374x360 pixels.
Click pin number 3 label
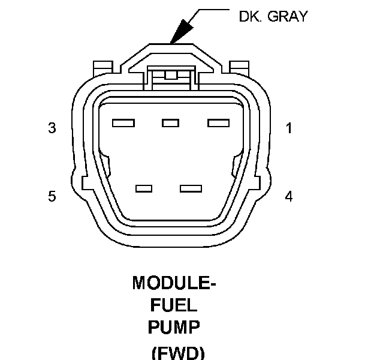point(52,128)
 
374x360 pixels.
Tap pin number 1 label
point(289,128)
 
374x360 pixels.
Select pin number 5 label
point(52,196)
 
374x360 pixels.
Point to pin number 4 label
point(289,197)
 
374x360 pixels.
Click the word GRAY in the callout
point(288,16)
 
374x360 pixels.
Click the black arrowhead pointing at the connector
point(182,32)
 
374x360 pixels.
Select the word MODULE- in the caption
point(174,283)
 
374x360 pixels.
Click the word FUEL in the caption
point(174,305)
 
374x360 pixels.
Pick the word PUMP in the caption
point(174,327)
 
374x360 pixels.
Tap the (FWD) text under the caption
point(178,353)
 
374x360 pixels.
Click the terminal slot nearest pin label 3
point(123,123)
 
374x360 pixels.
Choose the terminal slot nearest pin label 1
point(219,123)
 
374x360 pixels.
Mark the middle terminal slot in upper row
point(171,123)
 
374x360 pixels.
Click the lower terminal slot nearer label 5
point(144,188)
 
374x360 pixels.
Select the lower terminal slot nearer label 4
point(191,188)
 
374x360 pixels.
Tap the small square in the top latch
point(171,75)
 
